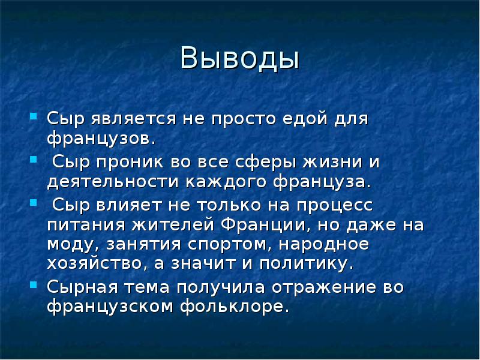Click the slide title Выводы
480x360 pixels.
coord(239,60)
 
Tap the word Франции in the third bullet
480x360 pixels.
coord(267,226)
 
